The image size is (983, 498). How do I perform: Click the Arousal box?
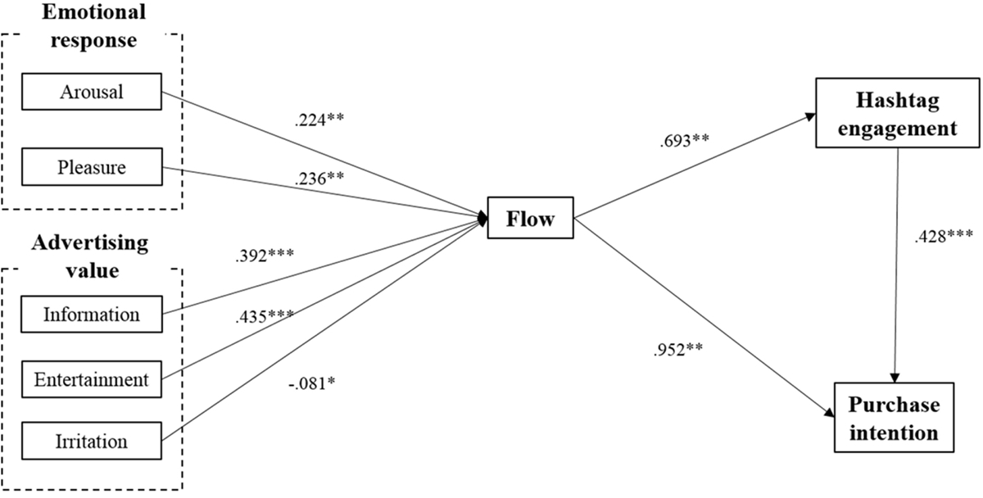(x=91, y=92)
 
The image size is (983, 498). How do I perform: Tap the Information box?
(x=91, y=314)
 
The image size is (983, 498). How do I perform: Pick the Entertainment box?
(x=91, y=378)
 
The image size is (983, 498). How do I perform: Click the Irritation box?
(x=91, y=441)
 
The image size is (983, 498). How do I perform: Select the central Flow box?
(x=531, y=218)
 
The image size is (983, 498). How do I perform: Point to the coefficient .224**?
(x=319, y=119)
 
